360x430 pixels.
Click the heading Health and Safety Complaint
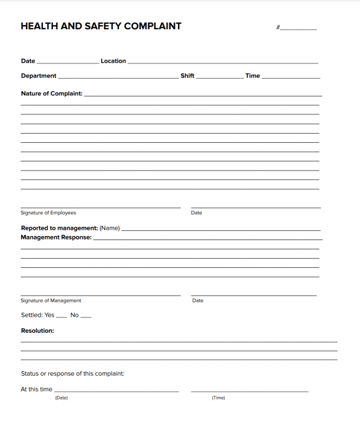point(101,26)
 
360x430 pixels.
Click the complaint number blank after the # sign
point(299,28)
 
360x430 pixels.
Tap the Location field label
point(113,61)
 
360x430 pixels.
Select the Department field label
point(38,76)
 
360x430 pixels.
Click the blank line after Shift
point(220,77)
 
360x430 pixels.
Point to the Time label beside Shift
point(253,76)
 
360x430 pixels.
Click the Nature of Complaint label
point(52,93)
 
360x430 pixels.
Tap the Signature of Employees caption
point(48,213)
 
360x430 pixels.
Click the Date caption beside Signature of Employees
point(197,213)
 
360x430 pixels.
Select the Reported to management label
point(59,228)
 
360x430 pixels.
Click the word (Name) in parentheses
point(110,228)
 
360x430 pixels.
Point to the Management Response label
point(56,237)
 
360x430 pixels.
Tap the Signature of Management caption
point(51,301)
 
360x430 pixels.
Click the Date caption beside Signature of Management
point(198,301)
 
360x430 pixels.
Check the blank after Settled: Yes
point(62,316)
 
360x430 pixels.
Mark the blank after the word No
point(86,316)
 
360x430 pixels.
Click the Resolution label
point(38,330)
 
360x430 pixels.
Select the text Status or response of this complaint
point(73,374)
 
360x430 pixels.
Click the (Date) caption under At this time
point(62,398)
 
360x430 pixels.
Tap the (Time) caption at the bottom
point(218,398)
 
